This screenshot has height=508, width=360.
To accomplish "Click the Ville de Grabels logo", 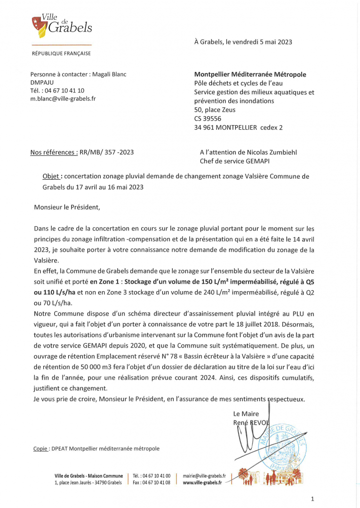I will click(x=61, y=26).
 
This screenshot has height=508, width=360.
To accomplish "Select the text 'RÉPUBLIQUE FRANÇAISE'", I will click(x=61, y=54).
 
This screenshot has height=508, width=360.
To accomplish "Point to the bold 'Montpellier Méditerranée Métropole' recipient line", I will click(x=250, y=74).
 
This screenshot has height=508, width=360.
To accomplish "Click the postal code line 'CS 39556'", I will click(x=208, y=119).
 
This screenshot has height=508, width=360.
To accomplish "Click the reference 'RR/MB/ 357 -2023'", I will click(x=107, y=152).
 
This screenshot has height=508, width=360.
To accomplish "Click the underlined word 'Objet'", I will click(x=51, y=176).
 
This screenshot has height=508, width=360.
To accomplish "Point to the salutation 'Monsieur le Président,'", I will click(x=67, y=206).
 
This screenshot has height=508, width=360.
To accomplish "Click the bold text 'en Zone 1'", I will click(x=105, y=281).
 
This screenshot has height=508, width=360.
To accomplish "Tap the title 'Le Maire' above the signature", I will click(x=246, y=414).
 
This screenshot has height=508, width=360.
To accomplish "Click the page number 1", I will click(x=312, y=499).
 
